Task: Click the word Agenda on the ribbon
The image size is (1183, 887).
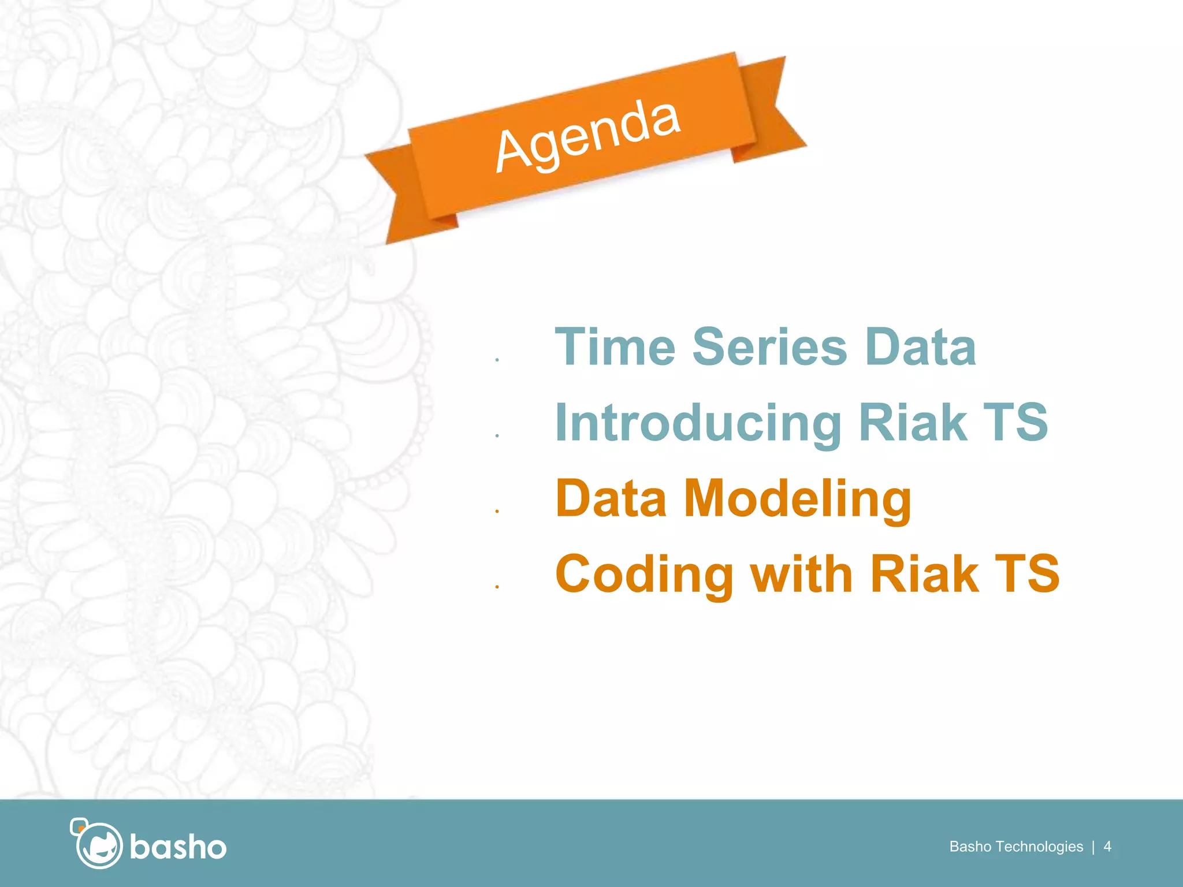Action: coord(587,136)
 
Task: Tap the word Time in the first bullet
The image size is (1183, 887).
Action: coord(615,347)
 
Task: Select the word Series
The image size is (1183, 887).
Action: coord(769,347)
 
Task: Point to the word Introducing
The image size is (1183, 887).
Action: coord(698,423)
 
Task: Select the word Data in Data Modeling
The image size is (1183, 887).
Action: coord(611,498)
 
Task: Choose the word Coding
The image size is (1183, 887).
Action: coord(643,575)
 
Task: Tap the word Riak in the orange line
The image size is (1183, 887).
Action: coord(924,574)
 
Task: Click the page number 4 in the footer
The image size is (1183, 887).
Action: coord(1107,847)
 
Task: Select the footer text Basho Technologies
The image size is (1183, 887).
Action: coord(1016,847)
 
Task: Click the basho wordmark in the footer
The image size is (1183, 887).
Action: coord(178,847)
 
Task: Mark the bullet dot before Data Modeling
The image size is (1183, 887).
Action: coord(497,511)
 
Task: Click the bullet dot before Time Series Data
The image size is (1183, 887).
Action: coord(497,360)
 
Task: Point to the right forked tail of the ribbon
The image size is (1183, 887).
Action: coord(777,110)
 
